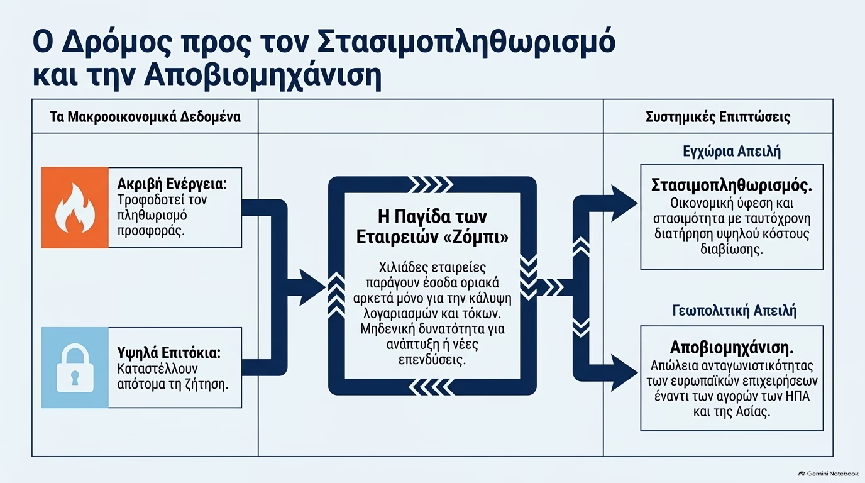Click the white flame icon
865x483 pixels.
(x=75, y=208)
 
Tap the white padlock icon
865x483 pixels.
(x=75, y=368)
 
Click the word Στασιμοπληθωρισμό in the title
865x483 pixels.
(x=466, y=42)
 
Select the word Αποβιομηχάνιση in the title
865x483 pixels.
(x=263, y=75)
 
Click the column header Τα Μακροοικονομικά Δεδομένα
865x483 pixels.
(x=145, y=117)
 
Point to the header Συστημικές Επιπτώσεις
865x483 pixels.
(x=718, y=117)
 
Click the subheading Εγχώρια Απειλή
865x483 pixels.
(x=732, y=151)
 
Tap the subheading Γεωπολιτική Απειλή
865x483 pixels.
(x=734, y=311)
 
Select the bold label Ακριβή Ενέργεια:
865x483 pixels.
(x=172, y=184)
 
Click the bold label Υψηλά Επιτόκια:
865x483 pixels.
(x=168, y=353)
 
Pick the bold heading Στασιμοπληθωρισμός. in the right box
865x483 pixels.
(x=732, y=185)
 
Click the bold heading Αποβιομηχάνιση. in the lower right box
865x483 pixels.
(x=732, y=347)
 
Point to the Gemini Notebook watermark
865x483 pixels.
(x=829, y=474)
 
